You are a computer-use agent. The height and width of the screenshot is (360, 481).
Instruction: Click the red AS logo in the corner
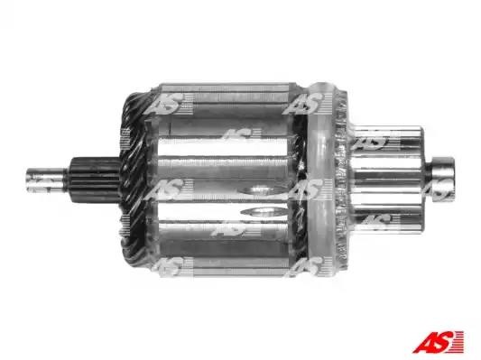pos(438,342)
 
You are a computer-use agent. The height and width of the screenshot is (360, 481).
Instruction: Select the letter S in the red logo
pos(444,342)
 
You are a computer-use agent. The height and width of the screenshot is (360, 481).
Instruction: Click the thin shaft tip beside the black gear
pos(46,180)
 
